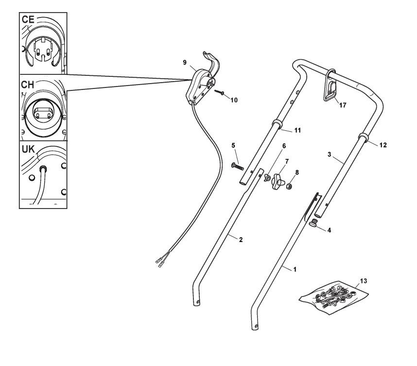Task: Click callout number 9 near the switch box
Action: coord(185,63)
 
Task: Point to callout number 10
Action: coord(234,100)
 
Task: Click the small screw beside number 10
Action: coord(221,92)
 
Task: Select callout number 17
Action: coord(343,105)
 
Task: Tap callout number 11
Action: coord(297,130)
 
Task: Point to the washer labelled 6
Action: coord(267,178)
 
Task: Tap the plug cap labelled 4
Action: coord(314,224)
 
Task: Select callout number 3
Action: coord(329,154)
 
